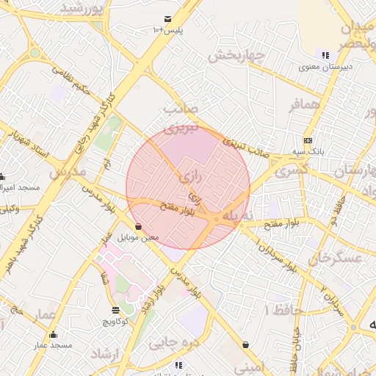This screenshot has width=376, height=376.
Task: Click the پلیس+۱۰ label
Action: pyautogui.click(x=168, y=30)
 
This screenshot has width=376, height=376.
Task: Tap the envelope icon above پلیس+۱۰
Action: pyautogui.click(x=168, y=18)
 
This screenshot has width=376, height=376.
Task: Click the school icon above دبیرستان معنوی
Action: pyautogui.click(x=324, y=55)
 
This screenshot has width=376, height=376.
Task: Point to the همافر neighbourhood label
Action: pyautogui.click(x=304, y=105)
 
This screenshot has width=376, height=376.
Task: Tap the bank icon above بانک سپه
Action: pyautogui.click(x=307, y=141)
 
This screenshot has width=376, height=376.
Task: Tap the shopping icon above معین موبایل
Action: pyautogui.click(x=139, y=227)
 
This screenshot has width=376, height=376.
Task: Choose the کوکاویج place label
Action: pyautogui.click(x=115, y=322)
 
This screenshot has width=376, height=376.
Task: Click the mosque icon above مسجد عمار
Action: pyautogui.click(x=52, y=335)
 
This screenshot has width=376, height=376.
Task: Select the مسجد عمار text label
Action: pyautogui.click(x=52, y=345)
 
